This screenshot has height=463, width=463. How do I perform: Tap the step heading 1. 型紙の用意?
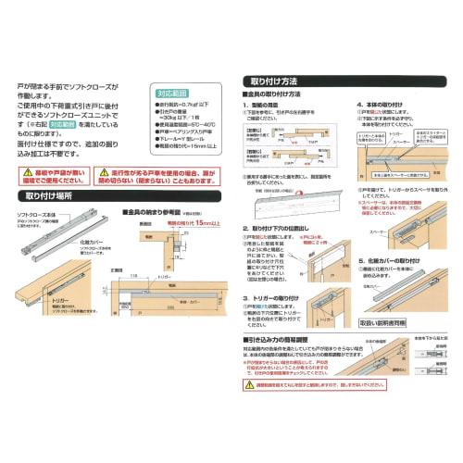coord(270,106)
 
